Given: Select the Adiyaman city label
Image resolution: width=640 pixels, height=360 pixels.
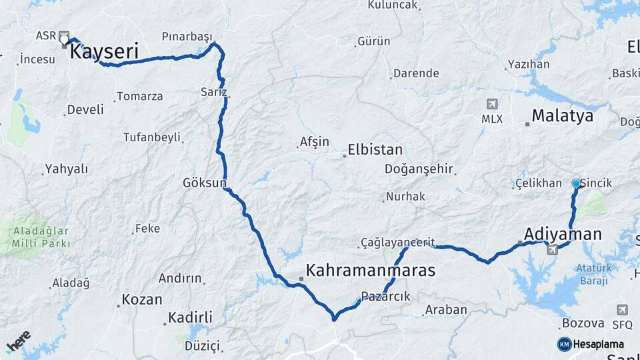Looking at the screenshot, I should coord(563,234).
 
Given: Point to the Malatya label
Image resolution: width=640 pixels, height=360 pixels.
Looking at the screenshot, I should coord(563,116).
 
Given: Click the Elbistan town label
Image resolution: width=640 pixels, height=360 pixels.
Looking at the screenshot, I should coord(375,150).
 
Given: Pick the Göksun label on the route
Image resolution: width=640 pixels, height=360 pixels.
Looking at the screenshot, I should coord(205,182).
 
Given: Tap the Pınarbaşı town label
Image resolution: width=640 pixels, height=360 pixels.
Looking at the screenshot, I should coord(186,36).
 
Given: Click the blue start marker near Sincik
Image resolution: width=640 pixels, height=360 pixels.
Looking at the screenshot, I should coord(577,183).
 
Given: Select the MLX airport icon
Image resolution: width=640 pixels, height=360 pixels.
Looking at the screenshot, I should coord(492,105).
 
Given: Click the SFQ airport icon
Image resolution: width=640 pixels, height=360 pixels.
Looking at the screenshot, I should coord(622,310).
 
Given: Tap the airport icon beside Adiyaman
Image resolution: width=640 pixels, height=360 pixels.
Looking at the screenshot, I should coord(552,249).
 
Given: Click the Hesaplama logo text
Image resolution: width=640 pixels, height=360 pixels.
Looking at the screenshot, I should coord(601,344).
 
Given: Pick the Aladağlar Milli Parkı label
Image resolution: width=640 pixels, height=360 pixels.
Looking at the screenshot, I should coord(41,237).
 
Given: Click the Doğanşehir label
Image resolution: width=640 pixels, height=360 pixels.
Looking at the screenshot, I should coord(419,169).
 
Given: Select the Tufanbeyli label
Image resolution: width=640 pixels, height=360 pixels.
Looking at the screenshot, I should coord(152,137).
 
